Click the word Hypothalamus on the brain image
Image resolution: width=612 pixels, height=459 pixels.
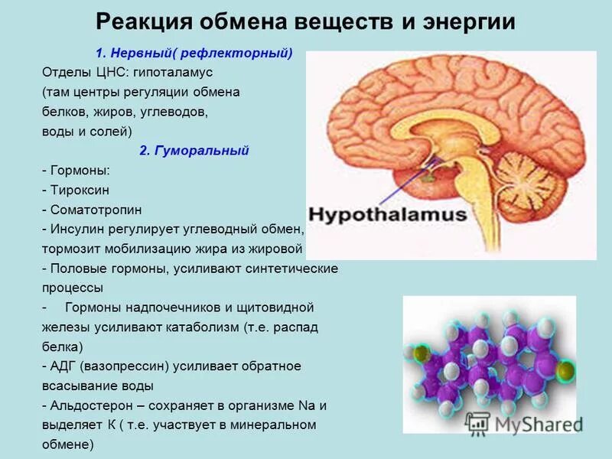[386, 214]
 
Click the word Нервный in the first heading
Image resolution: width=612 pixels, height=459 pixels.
[138, 54]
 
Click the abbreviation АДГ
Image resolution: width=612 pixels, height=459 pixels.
[64, 366]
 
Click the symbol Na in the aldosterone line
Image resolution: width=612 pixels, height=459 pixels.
[304, 405]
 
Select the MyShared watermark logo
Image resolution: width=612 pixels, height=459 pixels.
[520, 422]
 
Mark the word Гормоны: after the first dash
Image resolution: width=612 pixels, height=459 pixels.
[80, 171]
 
